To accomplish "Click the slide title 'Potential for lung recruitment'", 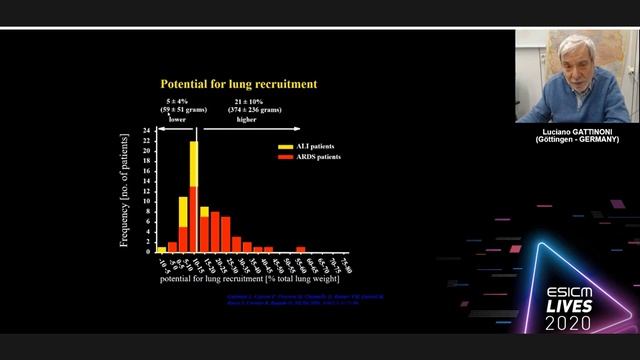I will pos(239,84).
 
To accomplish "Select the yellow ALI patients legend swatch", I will pos(284,146).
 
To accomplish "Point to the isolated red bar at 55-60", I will pos(301,249).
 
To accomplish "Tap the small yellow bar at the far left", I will pos(162,249).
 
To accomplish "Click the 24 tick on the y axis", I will pos(146,131).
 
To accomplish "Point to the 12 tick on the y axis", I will pos(146,191).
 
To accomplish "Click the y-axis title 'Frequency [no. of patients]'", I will pos(125,190).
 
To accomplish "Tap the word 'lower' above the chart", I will pos(177,118).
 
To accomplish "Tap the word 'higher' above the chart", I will pos(246,118).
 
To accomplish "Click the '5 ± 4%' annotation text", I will pos(178,102).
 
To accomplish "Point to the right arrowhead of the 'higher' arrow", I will pos(298,128).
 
